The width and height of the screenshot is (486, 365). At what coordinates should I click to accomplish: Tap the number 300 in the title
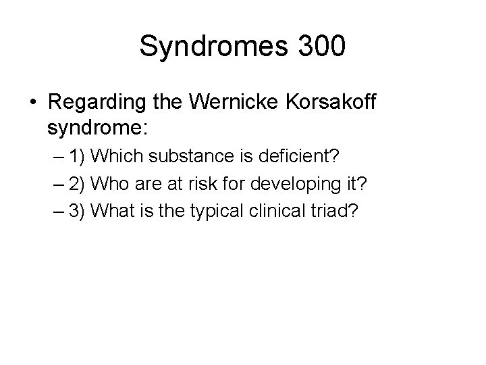click(320, 47)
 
